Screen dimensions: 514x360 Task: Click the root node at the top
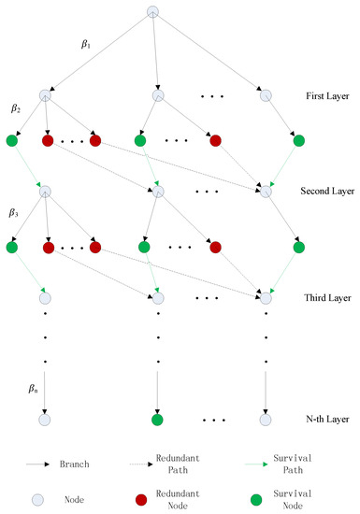pos(155,11)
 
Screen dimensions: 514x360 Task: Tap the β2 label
pos(16,109)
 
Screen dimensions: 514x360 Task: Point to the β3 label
pos(16,214)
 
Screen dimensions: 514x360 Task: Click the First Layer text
pos(326,96)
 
